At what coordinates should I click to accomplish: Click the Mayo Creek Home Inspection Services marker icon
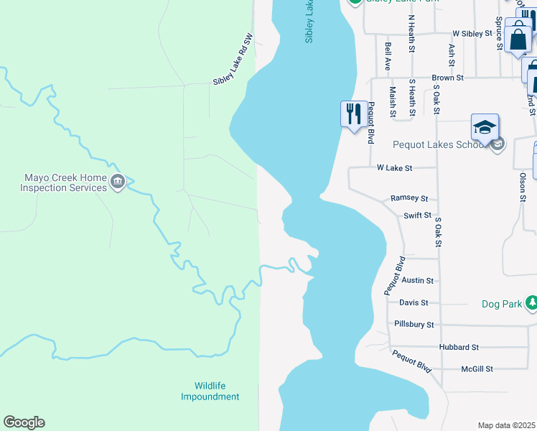[118, 182]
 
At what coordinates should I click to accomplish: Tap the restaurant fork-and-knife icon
[353, 114]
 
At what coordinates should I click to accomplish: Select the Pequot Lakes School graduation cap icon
[485, 127]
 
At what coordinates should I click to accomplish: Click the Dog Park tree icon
[531, 304]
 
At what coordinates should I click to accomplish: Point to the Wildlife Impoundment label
[210, 391]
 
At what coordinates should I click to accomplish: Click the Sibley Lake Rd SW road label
[233, 59]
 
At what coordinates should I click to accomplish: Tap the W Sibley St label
[472, 33]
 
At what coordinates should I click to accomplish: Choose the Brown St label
[447, 77]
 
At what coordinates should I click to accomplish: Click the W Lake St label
[395, 168]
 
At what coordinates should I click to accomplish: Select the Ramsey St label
[409, 198]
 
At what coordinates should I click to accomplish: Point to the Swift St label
[417, 215]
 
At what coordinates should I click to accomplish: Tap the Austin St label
[418, 280]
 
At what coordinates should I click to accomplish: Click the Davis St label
[414, 302]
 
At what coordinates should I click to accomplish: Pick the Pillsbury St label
[414, 325]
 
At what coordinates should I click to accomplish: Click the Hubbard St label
[459, 347]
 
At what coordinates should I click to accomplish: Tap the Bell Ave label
[388, 55]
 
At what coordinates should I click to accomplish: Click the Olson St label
[523, 185]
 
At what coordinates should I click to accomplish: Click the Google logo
[24, 422]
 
